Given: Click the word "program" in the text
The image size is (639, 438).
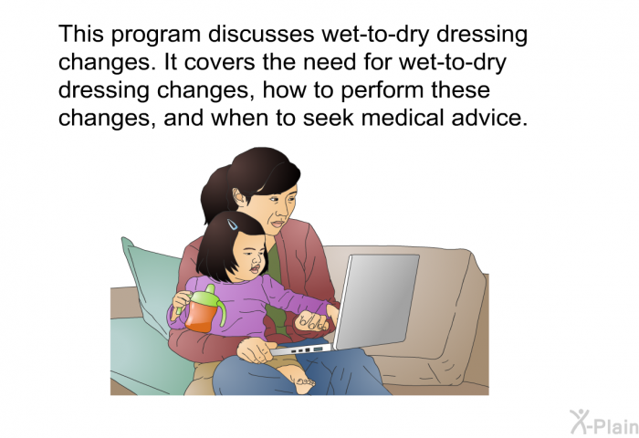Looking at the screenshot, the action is click(156, 36).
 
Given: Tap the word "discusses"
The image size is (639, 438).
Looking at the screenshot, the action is click(261, 34).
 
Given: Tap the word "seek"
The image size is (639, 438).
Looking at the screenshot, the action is click(328, 118).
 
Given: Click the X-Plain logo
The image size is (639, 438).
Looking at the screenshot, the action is click(604, 422).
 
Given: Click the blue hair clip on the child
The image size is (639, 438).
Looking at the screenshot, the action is click(232, 224).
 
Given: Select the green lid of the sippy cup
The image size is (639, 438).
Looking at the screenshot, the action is click(207, 297).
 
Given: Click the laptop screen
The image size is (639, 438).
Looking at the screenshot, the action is click(377, 301).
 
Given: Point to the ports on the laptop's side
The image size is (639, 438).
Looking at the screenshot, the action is click(307, 350).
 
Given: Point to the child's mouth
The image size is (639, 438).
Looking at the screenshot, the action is click(255, 269).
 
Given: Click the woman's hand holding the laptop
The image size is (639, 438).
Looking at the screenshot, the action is click(255, 350).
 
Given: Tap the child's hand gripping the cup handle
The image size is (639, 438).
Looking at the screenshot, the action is click(182, 300).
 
